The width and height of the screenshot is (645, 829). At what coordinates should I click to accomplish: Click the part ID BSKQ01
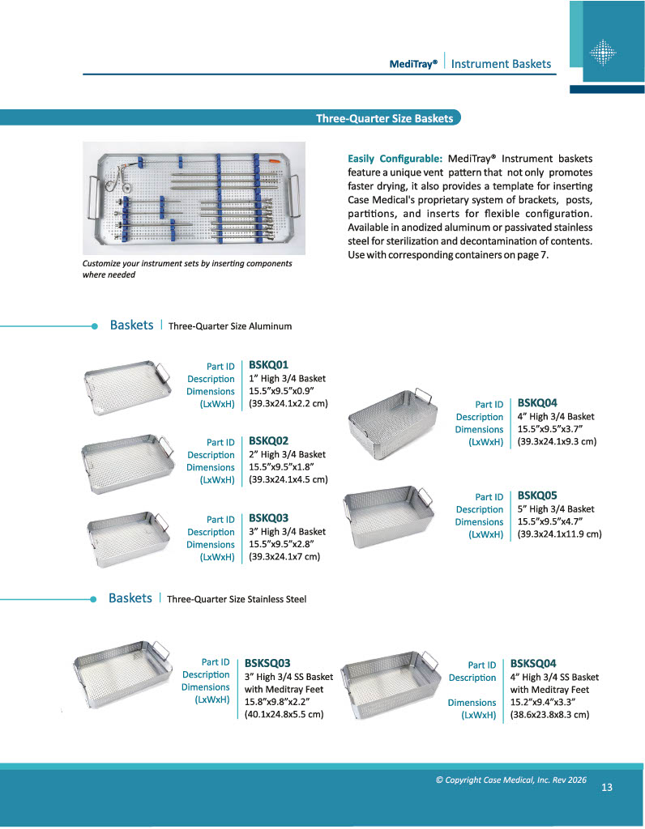[268, 365]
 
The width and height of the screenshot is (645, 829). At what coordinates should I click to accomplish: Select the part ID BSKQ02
[268, 441]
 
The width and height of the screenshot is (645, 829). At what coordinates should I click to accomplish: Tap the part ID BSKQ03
[268, 518]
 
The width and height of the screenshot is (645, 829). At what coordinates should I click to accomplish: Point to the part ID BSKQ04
[537, 402]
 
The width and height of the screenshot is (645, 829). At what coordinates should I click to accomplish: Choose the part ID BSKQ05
[537, 495]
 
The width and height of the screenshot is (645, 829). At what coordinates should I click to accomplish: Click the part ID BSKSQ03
[267, 662]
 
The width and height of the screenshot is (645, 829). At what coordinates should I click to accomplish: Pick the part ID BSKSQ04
[533, 663]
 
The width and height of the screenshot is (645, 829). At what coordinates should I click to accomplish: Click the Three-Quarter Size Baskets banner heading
[384, 118]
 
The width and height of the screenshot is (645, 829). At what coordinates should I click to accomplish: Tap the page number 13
[607, 788]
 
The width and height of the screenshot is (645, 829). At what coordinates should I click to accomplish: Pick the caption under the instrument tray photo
[187, 269]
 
